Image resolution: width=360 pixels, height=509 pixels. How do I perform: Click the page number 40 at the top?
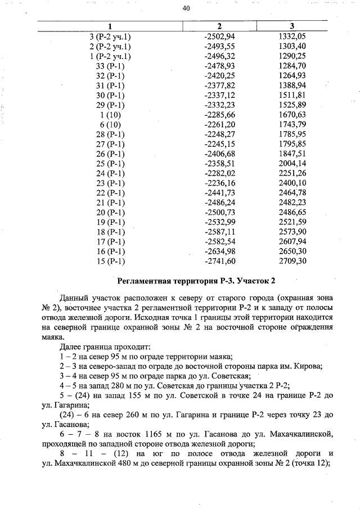click(186, 8)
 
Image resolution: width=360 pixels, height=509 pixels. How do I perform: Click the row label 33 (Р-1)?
click(110, 66)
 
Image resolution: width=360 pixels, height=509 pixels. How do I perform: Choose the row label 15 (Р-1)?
click(110, 261)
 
